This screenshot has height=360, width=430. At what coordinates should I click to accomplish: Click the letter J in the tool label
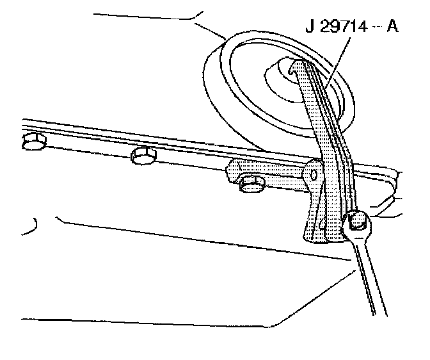tap(310, 29)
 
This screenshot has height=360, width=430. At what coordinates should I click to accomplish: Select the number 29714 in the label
tap(342, 29)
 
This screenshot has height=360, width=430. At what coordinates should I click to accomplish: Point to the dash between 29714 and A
tap(376, 29)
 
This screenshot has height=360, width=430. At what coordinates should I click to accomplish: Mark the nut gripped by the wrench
tap(358, 224)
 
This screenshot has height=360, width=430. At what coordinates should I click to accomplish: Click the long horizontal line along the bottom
tap(147, 318)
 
